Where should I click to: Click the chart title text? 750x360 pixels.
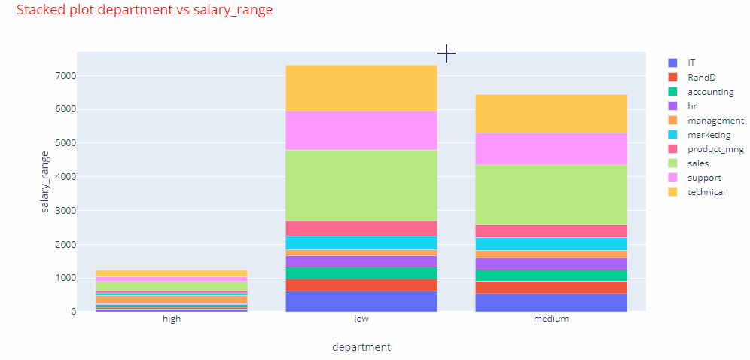[144, 11]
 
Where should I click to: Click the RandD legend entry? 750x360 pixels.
[701, 77]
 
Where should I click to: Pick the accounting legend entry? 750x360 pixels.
[710, 91]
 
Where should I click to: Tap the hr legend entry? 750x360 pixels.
[692, 106]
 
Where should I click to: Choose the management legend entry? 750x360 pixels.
[715, 121]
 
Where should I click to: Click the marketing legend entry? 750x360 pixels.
[709, 135]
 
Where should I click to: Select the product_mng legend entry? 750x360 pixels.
[715, 149]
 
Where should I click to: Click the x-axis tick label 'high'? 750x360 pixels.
[172, 319]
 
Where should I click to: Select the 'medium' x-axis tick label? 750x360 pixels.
[551, 319]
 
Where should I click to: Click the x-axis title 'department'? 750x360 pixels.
[361, 347]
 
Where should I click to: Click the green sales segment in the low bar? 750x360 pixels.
[361, 185]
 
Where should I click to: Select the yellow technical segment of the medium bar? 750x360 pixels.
[551, 113]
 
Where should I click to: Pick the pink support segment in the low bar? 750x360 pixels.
[361, 130]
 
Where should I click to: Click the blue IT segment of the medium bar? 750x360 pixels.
[551, 302]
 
